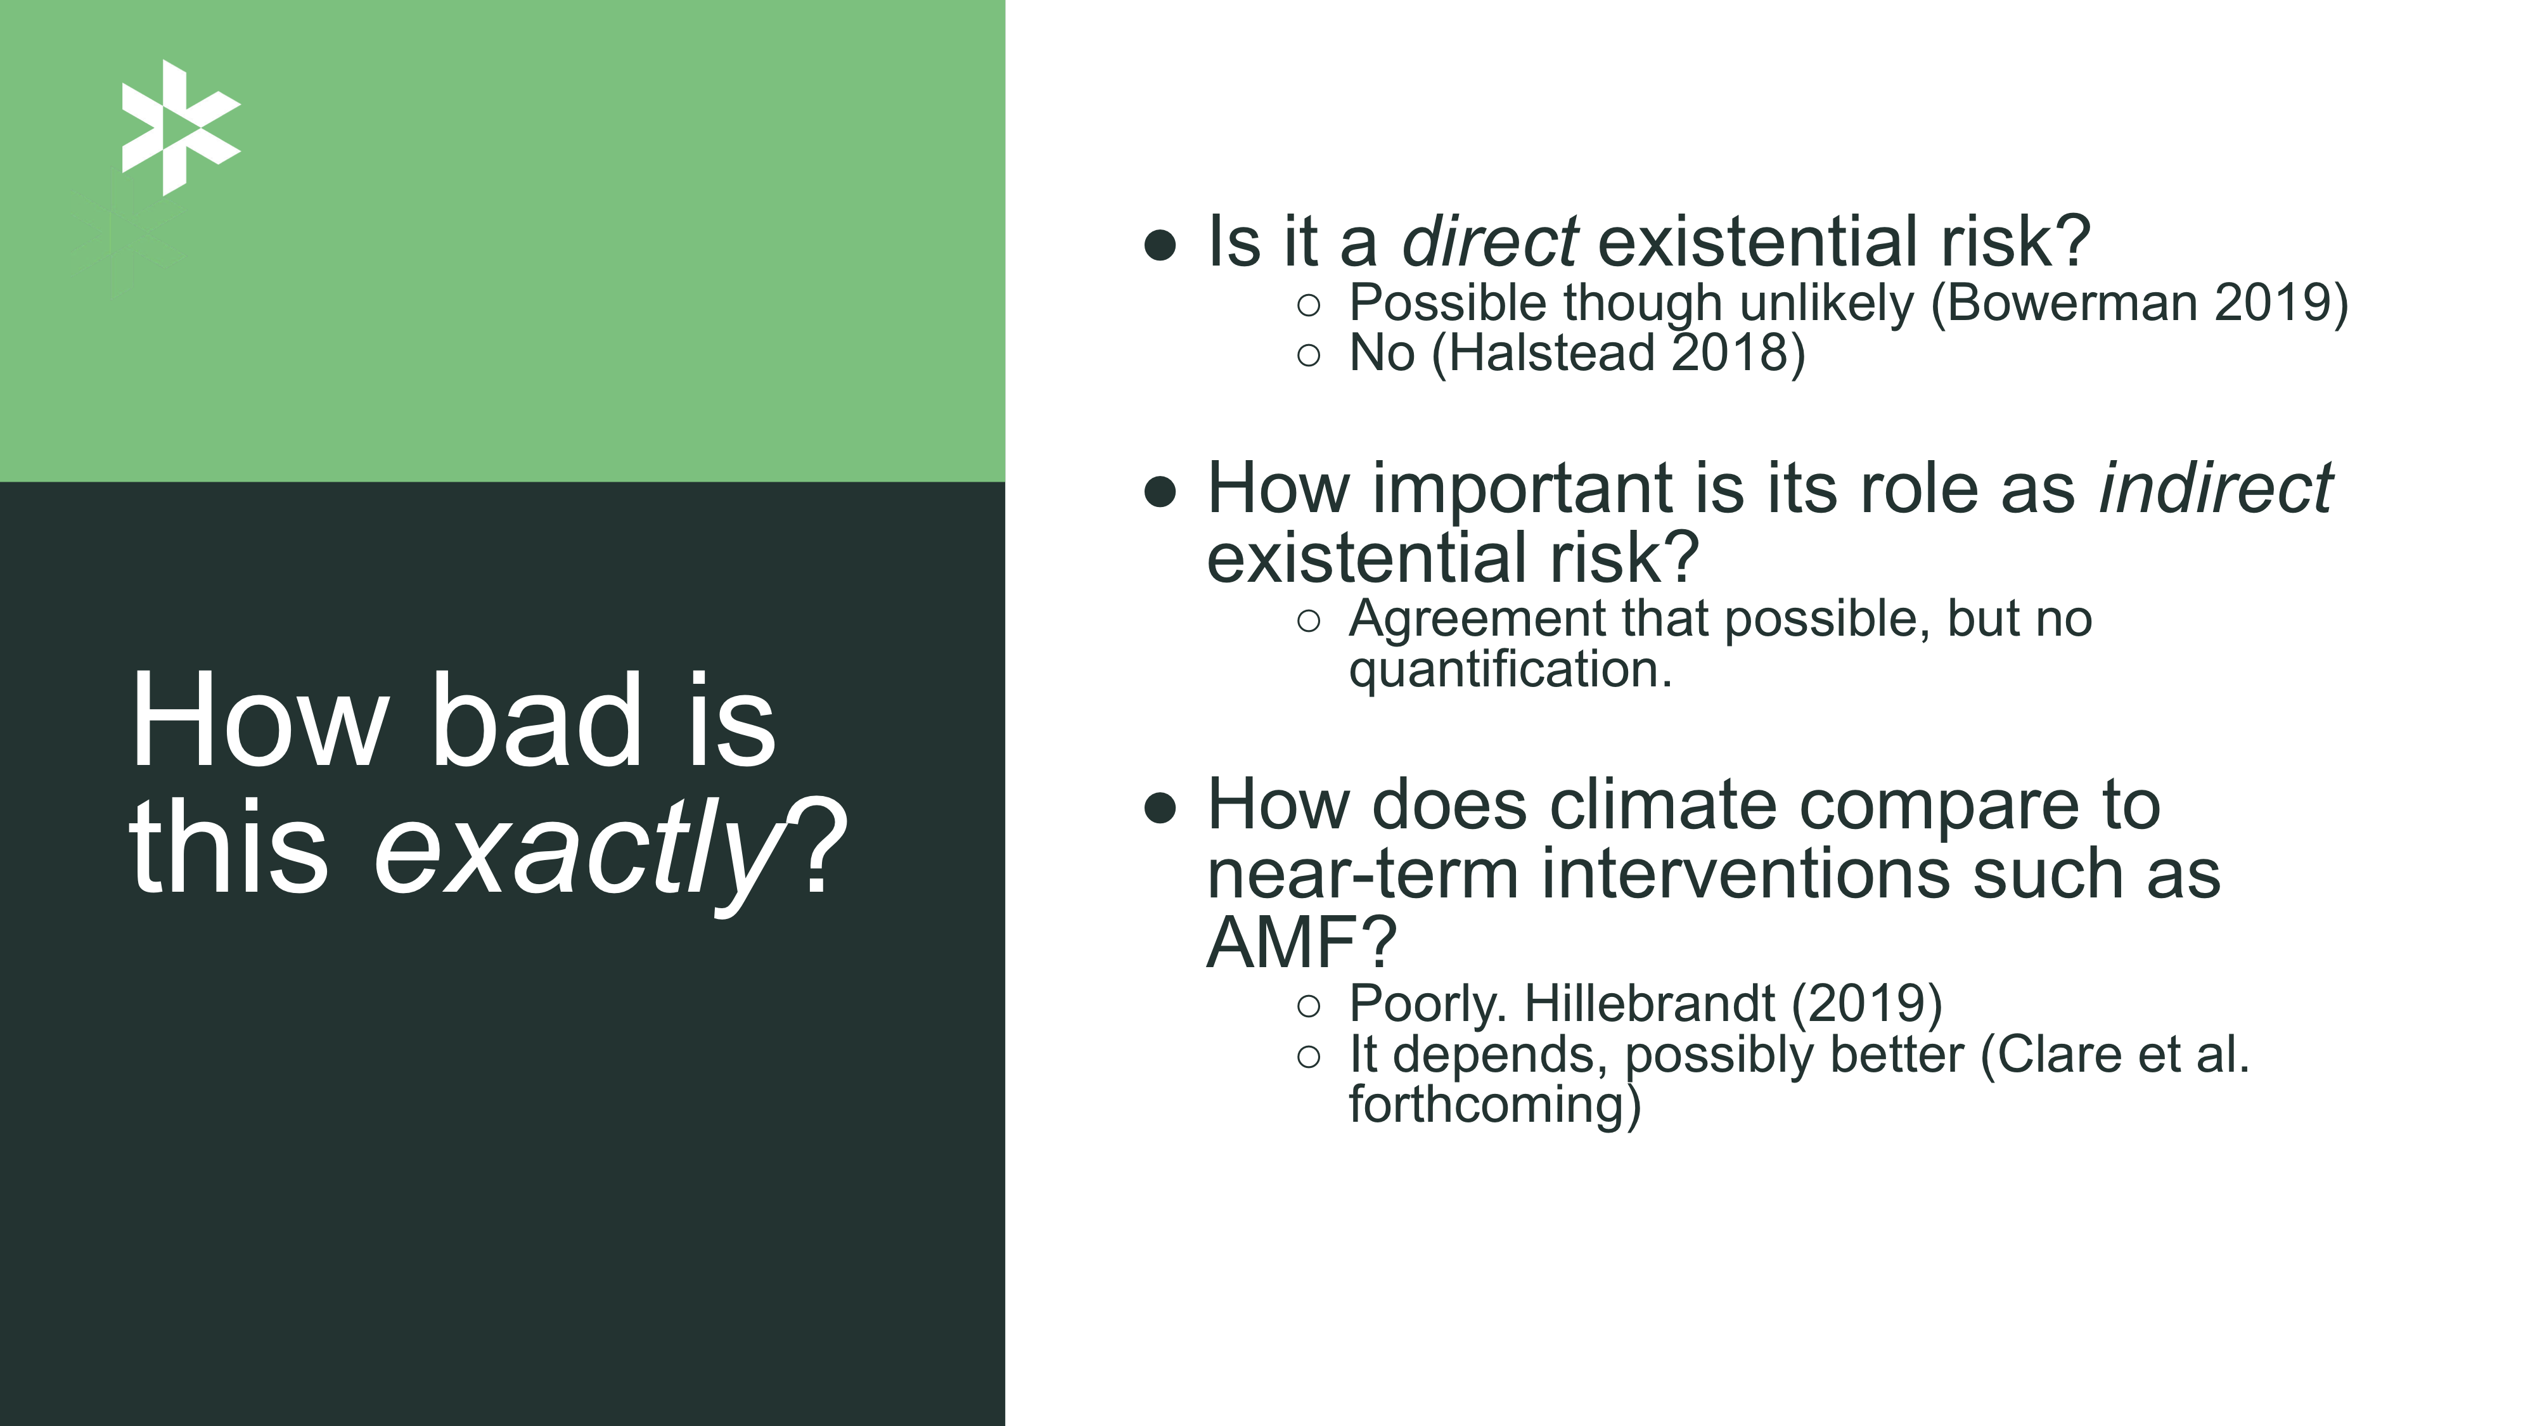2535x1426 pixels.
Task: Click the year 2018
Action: click(x=1729, y=352)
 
